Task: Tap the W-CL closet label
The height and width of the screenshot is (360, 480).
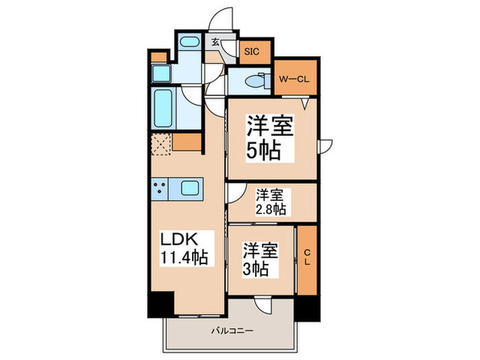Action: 294,78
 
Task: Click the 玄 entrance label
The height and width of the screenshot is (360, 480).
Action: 215,43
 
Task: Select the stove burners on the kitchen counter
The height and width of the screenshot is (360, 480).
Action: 163,188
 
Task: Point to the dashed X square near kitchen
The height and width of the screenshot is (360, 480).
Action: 161,145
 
